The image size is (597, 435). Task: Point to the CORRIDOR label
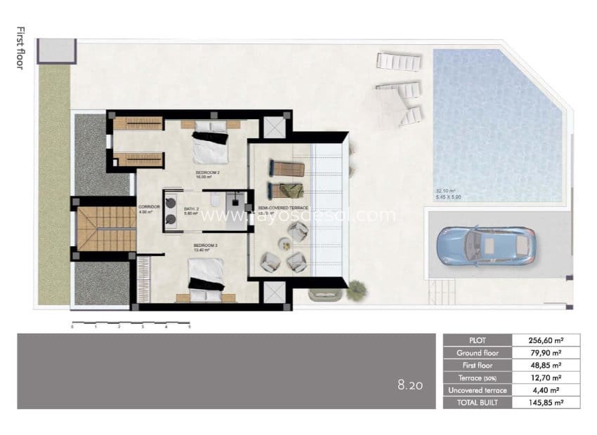(x=149, y=208)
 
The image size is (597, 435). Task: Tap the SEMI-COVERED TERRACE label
(x=283, y=208)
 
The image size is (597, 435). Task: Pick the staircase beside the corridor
(x=105, y=229)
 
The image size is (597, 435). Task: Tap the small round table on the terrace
(x=284, y=245)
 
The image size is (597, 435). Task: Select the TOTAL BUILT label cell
(x=478, y=403)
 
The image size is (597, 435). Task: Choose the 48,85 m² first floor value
(x=546, y=366)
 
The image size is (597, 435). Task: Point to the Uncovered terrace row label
(x=478, y=390)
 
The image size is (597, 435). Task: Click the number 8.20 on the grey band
(x=410, y=385)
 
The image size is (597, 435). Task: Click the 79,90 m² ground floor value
(x=546, y=353)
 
